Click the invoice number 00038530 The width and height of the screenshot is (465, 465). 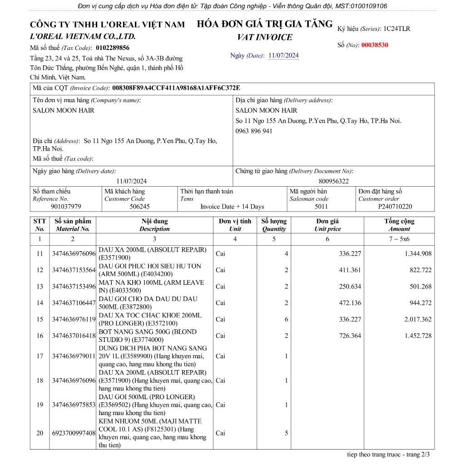pyautogui.click(x=375, y=45)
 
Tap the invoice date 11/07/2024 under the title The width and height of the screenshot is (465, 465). pyautogui.click(x=283, y=56)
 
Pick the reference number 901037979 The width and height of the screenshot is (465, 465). pyautogui.click(x=66, y=207)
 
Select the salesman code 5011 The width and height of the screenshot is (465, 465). pyautogui.click(x=321, y=207)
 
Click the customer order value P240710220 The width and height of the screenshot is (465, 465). pyautogui.click(x=395, y=207)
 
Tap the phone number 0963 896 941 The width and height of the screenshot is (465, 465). pyautogui.click(x=254, y=131)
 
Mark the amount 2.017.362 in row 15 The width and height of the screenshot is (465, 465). pyautogui.click(x=418, y=319)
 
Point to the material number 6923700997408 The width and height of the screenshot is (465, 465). pyautogui.click(x=74, y=433)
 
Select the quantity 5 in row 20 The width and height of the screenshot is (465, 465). pyautogui.click(x=286, y=433)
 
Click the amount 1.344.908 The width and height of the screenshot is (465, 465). pyautogui.click(x=418, y=254)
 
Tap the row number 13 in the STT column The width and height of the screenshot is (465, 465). pyautogui.click(x=40, y=287)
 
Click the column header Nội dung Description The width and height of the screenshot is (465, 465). pyautogui.click(x=154, y=225)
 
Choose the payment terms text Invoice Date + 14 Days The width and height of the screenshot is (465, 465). pyautogui.click(x=232, y=207)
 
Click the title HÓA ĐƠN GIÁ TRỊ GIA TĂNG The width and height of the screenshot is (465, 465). pyautogui.click(x=265, y=25)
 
